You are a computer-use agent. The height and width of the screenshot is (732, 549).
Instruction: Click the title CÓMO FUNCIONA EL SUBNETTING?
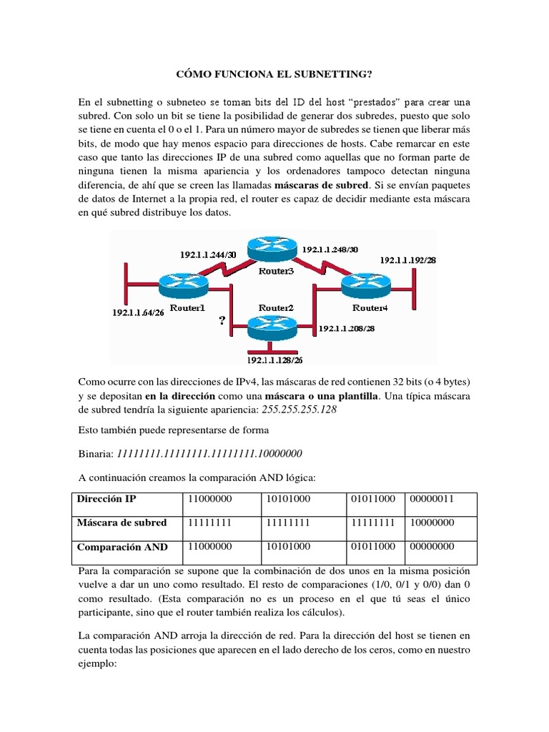tap(274, 74)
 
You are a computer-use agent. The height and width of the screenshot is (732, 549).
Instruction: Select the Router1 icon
tap(183, 286)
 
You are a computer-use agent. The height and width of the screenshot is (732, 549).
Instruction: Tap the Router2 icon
tap(271, 327)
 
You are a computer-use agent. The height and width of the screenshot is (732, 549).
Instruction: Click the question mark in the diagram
tap(223, 322)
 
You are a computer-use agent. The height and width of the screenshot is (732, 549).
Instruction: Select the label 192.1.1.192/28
tap(409, 260)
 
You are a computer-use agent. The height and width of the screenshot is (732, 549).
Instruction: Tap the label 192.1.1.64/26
tap(139, 312)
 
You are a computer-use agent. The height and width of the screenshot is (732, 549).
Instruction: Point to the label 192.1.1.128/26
tap(274, 361)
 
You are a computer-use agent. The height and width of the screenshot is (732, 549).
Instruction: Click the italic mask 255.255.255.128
tap(295, 410)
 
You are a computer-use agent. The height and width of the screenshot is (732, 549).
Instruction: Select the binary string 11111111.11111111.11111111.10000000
tap(209, 453)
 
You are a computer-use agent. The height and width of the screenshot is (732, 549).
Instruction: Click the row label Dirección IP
tap(106, 499)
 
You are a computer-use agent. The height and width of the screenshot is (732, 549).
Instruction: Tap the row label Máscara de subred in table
tap(122, 523)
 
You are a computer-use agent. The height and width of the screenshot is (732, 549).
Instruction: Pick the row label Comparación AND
tap(122, 547)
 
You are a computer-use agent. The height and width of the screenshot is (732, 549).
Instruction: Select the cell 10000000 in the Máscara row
tap(435, 523)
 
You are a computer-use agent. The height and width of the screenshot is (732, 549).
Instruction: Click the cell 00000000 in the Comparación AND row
tap(435, 547)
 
